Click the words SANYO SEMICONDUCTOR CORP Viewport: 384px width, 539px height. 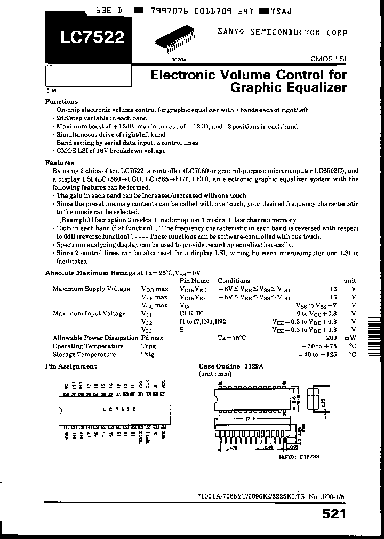282,32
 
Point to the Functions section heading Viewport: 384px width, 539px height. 61,101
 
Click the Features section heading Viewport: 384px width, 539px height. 60,162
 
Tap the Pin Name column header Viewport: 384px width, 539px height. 194,280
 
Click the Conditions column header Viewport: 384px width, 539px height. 234,280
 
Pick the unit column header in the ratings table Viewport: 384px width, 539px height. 350,280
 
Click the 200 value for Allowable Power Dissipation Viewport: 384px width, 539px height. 331,338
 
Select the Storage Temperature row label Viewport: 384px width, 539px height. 84,354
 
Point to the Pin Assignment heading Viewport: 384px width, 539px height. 71,366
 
